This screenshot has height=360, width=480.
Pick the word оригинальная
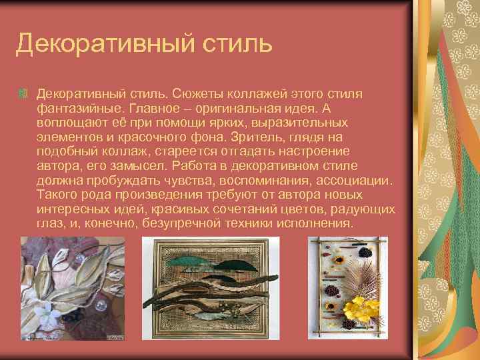tap(244, 109)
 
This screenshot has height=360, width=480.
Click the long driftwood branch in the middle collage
tap(213, 287)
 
